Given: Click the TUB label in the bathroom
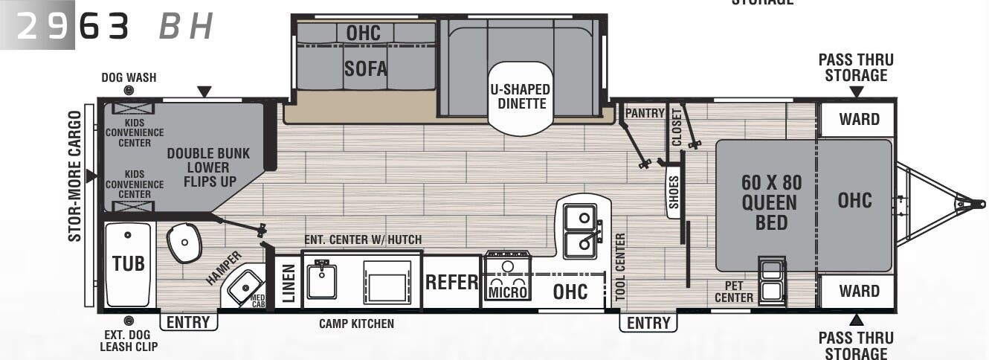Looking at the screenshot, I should click(x=128, y=263).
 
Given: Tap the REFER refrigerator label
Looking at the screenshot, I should click(x=451, y=283).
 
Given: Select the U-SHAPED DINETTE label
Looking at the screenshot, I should click(x=521, y=96).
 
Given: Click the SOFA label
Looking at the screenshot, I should click(x=365, y=69).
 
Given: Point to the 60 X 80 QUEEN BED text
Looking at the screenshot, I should click(x=771, y=202).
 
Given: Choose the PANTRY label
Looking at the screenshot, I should click(x=644, y=113).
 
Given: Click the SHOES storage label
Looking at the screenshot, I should click(x=674, y=193).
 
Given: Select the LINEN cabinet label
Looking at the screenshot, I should click(x=289, y=283).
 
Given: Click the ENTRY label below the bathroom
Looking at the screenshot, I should click(x=189, y=322).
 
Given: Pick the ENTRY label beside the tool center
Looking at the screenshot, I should click(x=648, y=323).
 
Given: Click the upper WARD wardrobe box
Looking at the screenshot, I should click(x=859, y=119).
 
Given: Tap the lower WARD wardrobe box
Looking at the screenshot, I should click(x=859, y=291).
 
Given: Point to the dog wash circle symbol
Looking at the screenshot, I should click(x=129, y=91).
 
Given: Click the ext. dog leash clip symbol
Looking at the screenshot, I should click(x=129, y=321).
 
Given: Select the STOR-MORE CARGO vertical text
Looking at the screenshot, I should click(x=75, y=176).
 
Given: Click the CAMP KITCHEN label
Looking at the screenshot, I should click(x=356, y=324).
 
